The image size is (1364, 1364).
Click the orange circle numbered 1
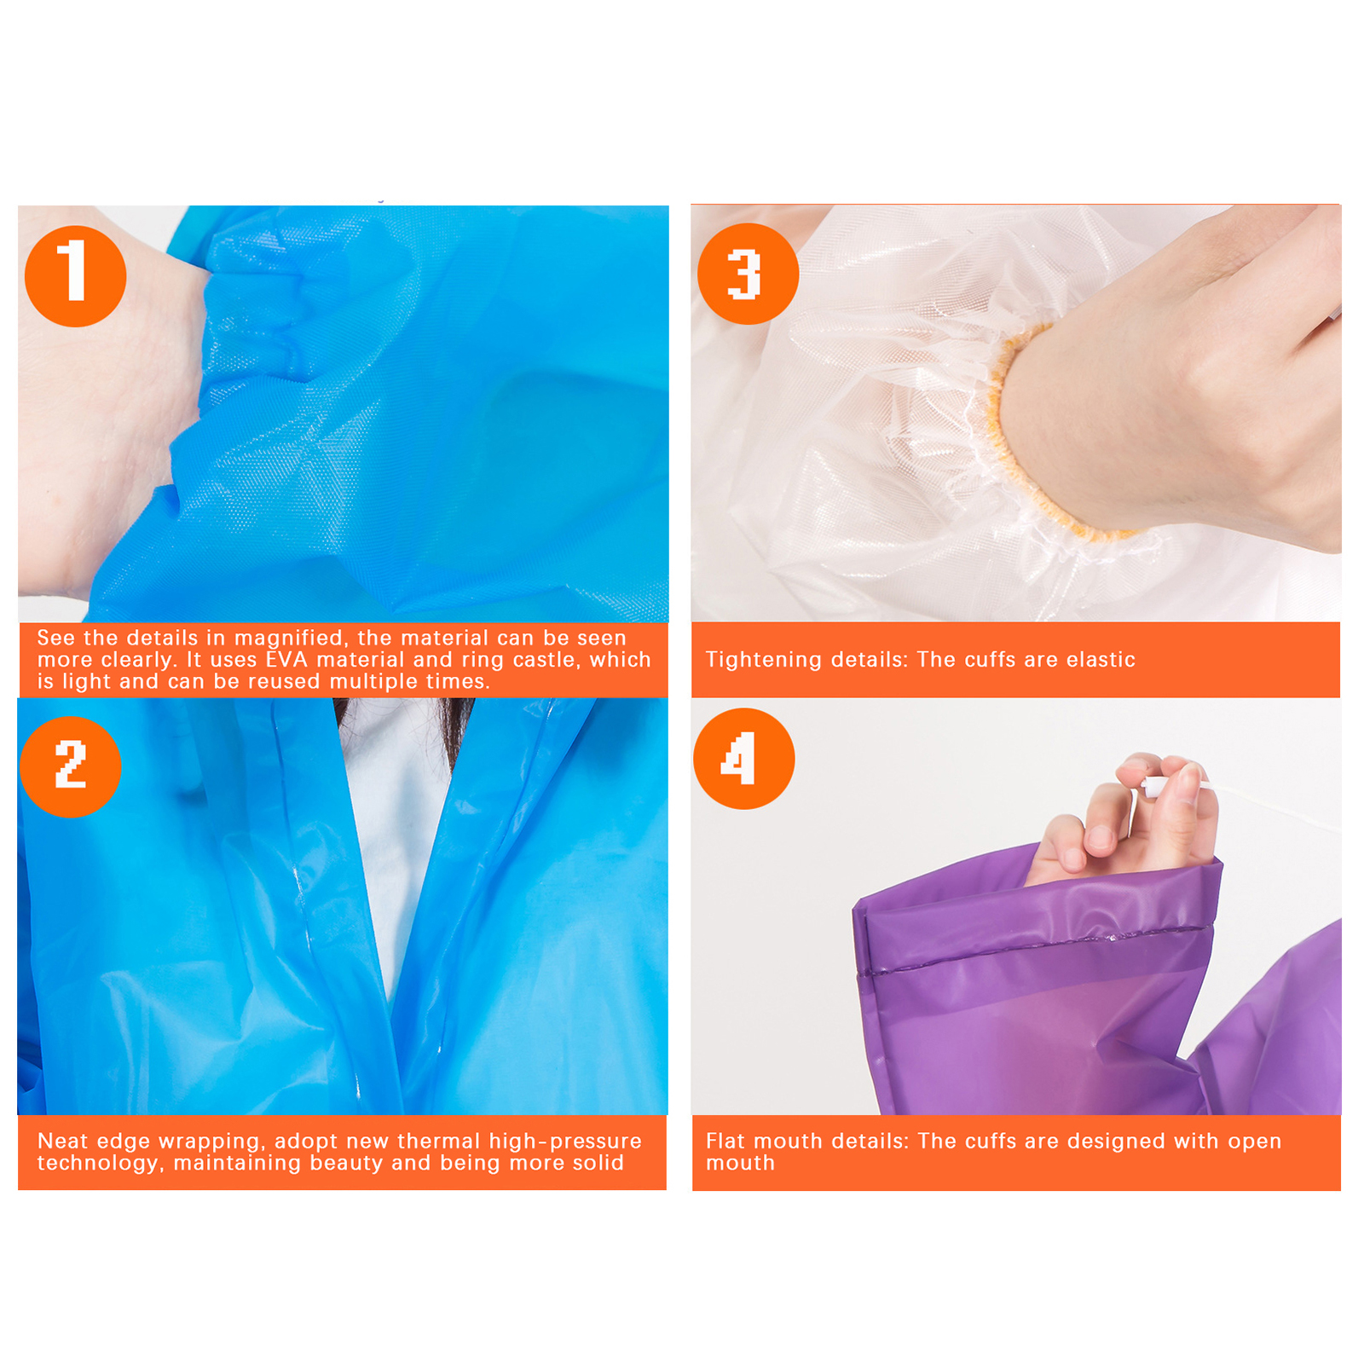[76, 275]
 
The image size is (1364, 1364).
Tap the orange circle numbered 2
[71, 766]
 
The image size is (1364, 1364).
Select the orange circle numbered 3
[748, 274]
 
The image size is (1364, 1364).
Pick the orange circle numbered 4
[744, 759]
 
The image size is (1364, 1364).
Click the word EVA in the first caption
[287, 660]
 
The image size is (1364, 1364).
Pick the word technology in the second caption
[98, 1164]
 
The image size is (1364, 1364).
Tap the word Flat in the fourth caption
[725, 1141]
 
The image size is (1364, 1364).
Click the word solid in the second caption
[599, 1163]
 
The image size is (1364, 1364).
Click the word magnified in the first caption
[288, 639]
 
